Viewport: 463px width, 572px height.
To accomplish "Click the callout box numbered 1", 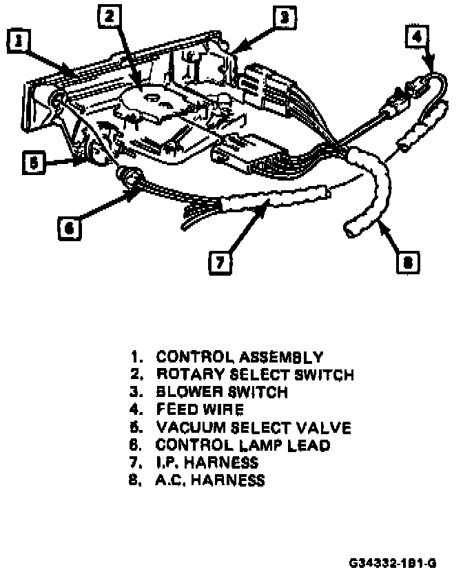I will coord(20,43).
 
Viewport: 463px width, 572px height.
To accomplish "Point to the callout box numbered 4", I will coord(416,37).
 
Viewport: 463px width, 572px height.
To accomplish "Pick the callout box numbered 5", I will coord(32,163).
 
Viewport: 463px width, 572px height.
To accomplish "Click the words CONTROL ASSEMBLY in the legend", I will coord(239,358).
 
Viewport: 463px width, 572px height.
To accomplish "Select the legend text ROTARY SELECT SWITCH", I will coord(255,376).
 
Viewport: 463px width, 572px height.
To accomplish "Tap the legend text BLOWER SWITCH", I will coord(221,393).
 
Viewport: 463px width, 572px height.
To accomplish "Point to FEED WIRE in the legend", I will coord(200,410).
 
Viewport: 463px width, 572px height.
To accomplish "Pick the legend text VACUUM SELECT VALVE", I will coord(254,428).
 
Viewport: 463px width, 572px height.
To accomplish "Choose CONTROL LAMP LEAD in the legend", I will coord(243,445).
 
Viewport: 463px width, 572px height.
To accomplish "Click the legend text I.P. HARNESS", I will coord(207,462).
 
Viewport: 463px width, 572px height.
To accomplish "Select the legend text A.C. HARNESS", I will coord(210,480).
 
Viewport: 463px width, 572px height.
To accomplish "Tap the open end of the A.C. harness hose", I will coord(351,227).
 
